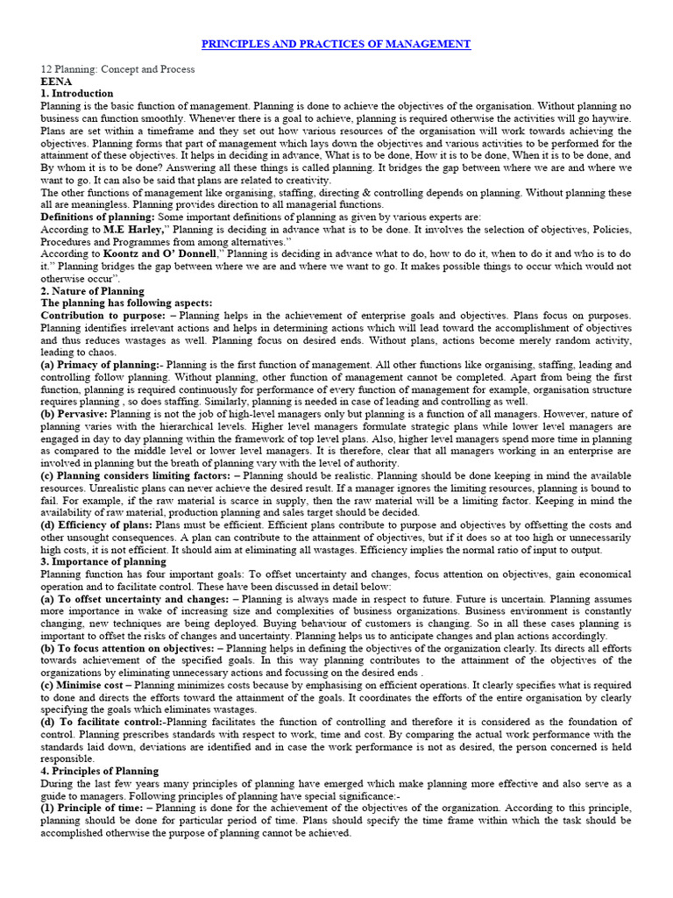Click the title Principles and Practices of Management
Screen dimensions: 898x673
pos(336,44)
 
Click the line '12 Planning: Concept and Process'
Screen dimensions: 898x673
pos(118,69)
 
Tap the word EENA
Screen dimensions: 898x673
pos(56,82)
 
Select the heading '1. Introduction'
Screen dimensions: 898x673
pos(77,94)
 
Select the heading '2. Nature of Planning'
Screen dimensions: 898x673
pos(93,290)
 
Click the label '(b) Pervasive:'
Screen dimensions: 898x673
pos(77,413)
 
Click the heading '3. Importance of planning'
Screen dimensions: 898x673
pos(103,560)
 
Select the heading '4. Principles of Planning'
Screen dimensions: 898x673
pos(100,771)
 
